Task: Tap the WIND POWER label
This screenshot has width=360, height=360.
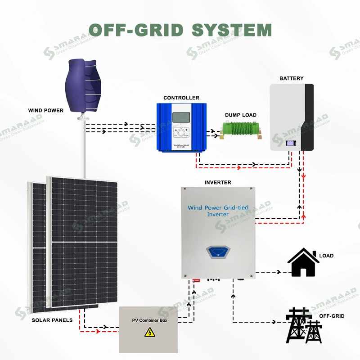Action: tap(45, 110)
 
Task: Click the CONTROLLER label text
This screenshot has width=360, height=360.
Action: tap(181, 98)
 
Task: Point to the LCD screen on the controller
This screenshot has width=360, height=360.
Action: tap(181, 117)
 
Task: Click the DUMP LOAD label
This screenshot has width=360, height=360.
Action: tap(241, 115)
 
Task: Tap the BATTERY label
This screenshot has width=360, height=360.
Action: tap(291, 78)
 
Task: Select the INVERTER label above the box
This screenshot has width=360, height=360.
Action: tap(218, 182)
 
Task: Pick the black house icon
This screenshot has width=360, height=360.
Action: tap(303, 263)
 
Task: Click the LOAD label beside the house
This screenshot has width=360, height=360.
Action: tap(326, 256)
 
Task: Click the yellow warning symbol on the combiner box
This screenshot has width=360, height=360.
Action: tap(148, 333)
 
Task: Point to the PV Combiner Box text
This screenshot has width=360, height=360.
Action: tap(149, 320)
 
